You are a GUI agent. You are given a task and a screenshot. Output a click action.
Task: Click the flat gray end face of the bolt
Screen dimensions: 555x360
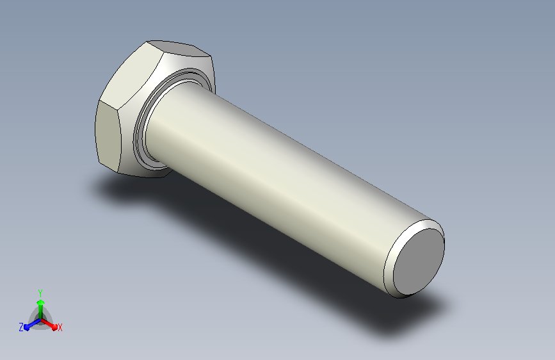point(419,261)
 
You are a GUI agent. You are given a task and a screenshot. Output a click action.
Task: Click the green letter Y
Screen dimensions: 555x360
point(40,293)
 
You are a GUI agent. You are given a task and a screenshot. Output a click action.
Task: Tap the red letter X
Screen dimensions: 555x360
point(60,327)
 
